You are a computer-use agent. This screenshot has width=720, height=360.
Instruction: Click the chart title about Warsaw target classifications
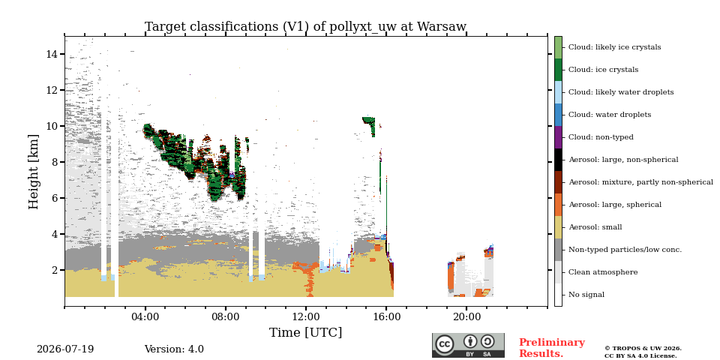[x=305, y=27]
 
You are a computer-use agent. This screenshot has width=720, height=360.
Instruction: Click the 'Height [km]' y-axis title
[x=34, y=172]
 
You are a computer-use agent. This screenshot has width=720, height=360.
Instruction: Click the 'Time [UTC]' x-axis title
[x=305, y=332]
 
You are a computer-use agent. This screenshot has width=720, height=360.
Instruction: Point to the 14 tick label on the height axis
[x=51, y=54]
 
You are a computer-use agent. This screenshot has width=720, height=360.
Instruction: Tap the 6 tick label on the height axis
[x=54, y=198]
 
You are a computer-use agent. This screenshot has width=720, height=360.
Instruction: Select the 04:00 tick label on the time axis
[x=145, y=317]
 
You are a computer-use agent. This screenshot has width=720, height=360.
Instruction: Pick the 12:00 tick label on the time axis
[x=306, y=317]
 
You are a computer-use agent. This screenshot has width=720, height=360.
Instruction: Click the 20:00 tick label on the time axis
[x=466, y=317]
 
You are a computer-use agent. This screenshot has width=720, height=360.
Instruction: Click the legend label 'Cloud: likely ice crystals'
[x=614, y=47]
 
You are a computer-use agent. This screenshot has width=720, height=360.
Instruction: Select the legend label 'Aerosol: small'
[x=595, y=227]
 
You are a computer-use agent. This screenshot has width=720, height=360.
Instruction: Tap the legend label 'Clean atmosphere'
[x=603, y=272]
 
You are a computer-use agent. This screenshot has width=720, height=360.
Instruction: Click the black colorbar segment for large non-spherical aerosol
[x=558, y=160]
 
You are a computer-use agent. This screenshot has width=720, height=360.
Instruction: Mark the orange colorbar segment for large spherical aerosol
[x=558, y=205]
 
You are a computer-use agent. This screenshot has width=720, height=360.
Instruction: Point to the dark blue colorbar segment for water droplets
[x=558, y=115]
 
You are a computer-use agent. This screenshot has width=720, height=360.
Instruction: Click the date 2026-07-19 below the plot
[x=65, y=349]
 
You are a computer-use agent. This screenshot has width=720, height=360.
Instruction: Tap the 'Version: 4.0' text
[x=174, y=349]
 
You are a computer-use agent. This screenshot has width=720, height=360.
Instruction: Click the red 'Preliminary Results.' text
[x=552, y=348]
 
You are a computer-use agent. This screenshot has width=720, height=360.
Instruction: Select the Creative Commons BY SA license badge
[x=468, y=345]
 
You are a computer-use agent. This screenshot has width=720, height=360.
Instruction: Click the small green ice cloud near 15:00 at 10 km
[x=370, y=124]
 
